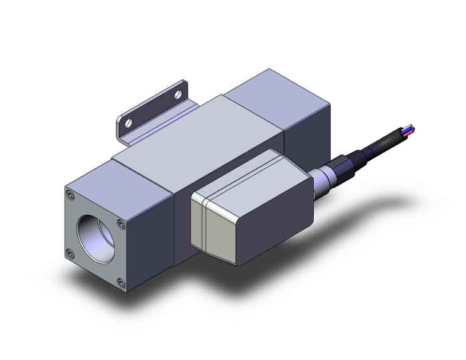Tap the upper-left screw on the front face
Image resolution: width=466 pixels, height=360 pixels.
(x=71, y=196)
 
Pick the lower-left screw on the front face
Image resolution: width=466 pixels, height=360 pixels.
(x=70, y=254)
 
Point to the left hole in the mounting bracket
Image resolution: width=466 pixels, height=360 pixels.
(x=130, y=123)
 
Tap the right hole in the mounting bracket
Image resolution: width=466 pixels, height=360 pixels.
(x=179, y=95)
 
